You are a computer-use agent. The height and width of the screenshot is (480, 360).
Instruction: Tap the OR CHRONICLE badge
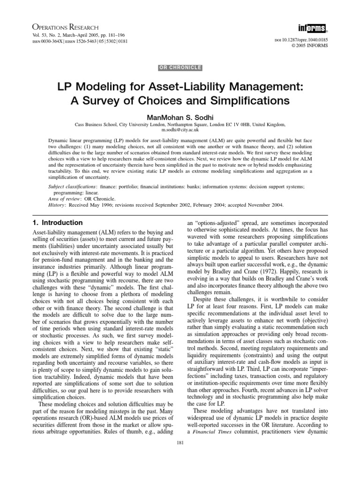(180, 67)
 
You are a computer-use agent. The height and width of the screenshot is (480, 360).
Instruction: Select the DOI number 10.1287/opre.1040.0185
(305, 41)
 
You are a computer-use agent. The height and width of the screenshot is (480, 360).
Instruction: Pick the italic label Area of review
(64, 199)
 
